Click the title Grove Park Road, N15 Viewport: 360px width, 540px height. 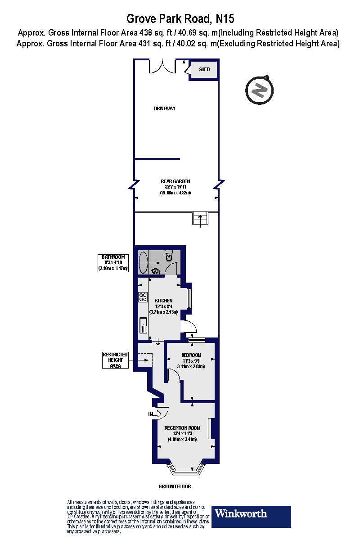(180, 19)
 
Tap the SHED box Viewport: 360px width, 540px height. (204, 70)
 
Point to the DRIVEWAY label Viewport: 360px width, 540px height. (164, 109)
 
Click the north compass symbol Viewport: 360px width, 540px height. (259, 90)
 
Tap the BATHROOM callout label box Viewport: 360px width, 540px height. (113, 263)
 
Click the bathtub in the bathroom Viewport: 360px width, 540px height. (143, 262)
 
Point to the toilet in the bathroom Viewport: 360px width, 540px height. (169, 256)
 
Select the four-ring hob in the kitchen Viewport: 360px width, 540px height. (143, 297)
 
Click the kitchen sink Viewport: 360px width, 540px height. (143, 324)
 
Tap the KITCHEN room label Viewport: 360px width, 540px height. (163, 301)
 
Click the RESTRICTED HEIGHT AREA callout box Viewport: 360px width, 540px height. (115, 360)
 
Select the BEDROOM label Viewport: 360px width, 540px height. (191, 355)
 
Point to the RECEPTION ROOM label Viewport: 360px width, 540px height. (181, 428)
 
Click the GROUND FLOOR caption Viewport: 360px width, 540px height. (175, 486)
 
